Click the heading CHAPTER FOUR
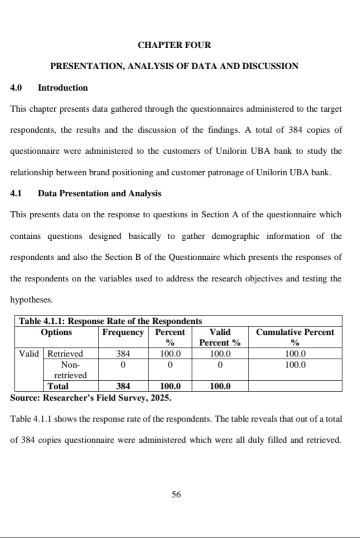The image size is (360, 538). (x=174, y=45)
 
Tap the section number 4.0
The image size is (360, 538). (x=16, y=88)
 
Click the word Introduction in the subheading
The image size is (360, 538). (x=62, y=88)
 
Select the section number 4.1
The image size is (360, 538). (x=16, y=193)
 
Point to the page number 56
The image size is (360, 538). (x=176, y=494)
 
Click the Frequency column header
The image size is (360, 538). (x=122, y=332)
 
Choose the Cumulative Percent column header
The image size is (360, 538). (x=295, y=337)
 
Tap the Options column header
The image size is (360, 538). (x=56, y=332)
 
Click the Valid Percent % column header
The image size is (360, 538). (x=220, y=337)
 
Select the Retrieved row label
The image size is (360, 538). (x=65, y=354)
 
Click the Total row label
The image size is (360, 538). (x=58, y=386)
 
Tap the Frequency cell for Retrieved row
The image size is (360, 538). (x=123, y=354)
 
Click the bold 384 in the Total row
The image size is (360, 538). (x=123, y=386)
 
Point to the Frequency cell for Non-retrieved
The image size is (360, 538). (x=123, y=364)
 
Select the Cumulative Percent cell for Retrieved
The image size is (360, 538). (x=295, y=354)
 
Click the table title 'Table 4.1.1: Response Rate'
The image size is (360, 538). (x=110, y=321)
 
